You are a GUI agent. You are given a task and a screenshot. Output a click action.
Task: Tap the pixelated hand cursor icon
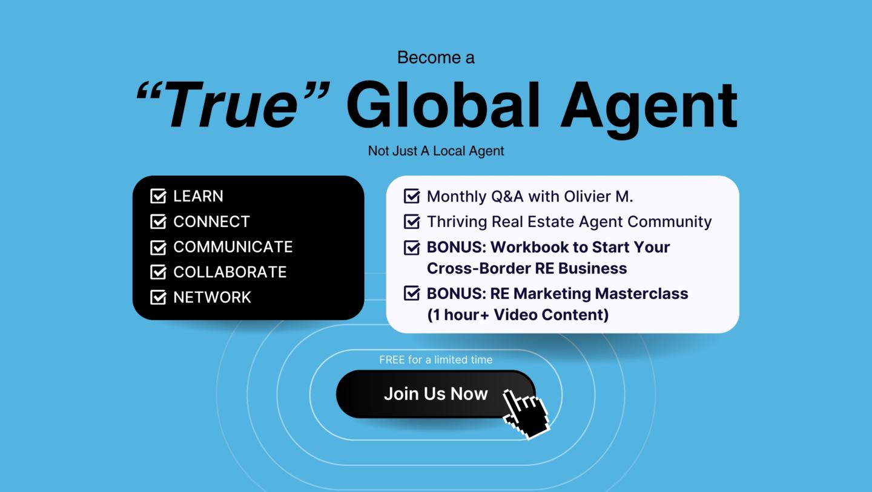coord(526,413)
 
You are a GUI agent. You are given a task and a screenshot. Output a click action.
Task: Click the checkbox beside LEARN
coord(158,196)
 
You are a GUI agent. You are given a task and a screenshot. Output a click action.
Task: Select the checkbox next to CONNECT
coord(158,221)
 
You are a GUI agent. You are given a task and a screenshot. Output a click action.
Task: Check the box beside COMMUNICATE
coord(158,247)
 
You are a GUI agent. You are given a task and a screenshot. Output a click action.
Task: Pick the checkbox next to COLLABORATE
coord(158,272)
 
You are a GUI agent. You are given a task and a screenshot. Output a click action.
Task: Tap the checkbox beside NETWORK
coord(158,297)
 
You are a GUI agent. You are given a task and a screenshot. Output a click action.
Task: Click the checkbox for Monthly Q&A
coord(412,196)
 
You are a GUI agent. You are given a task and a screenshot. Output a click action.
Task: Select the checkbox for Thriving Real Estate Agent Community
coord(412,221)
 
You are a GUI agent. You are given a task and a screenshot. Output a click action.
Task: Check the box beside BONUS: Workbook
coord(412,247)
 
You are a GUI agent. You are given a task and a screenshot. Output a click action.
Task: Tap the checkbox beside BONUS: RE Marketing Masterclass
coord(412,294)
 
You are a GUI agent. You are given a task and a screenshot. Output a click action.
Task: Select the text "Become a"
coord(436,57)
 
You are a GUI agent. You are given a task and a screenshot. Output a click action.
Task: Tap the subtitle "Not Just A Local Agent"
coord(436,151)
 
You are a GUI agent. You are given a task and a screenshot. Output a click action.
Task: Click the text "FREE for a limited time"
coord(436,359)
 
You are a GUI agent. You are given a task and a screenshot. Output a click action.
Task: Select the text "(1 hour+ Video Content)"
coord(518,315)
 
